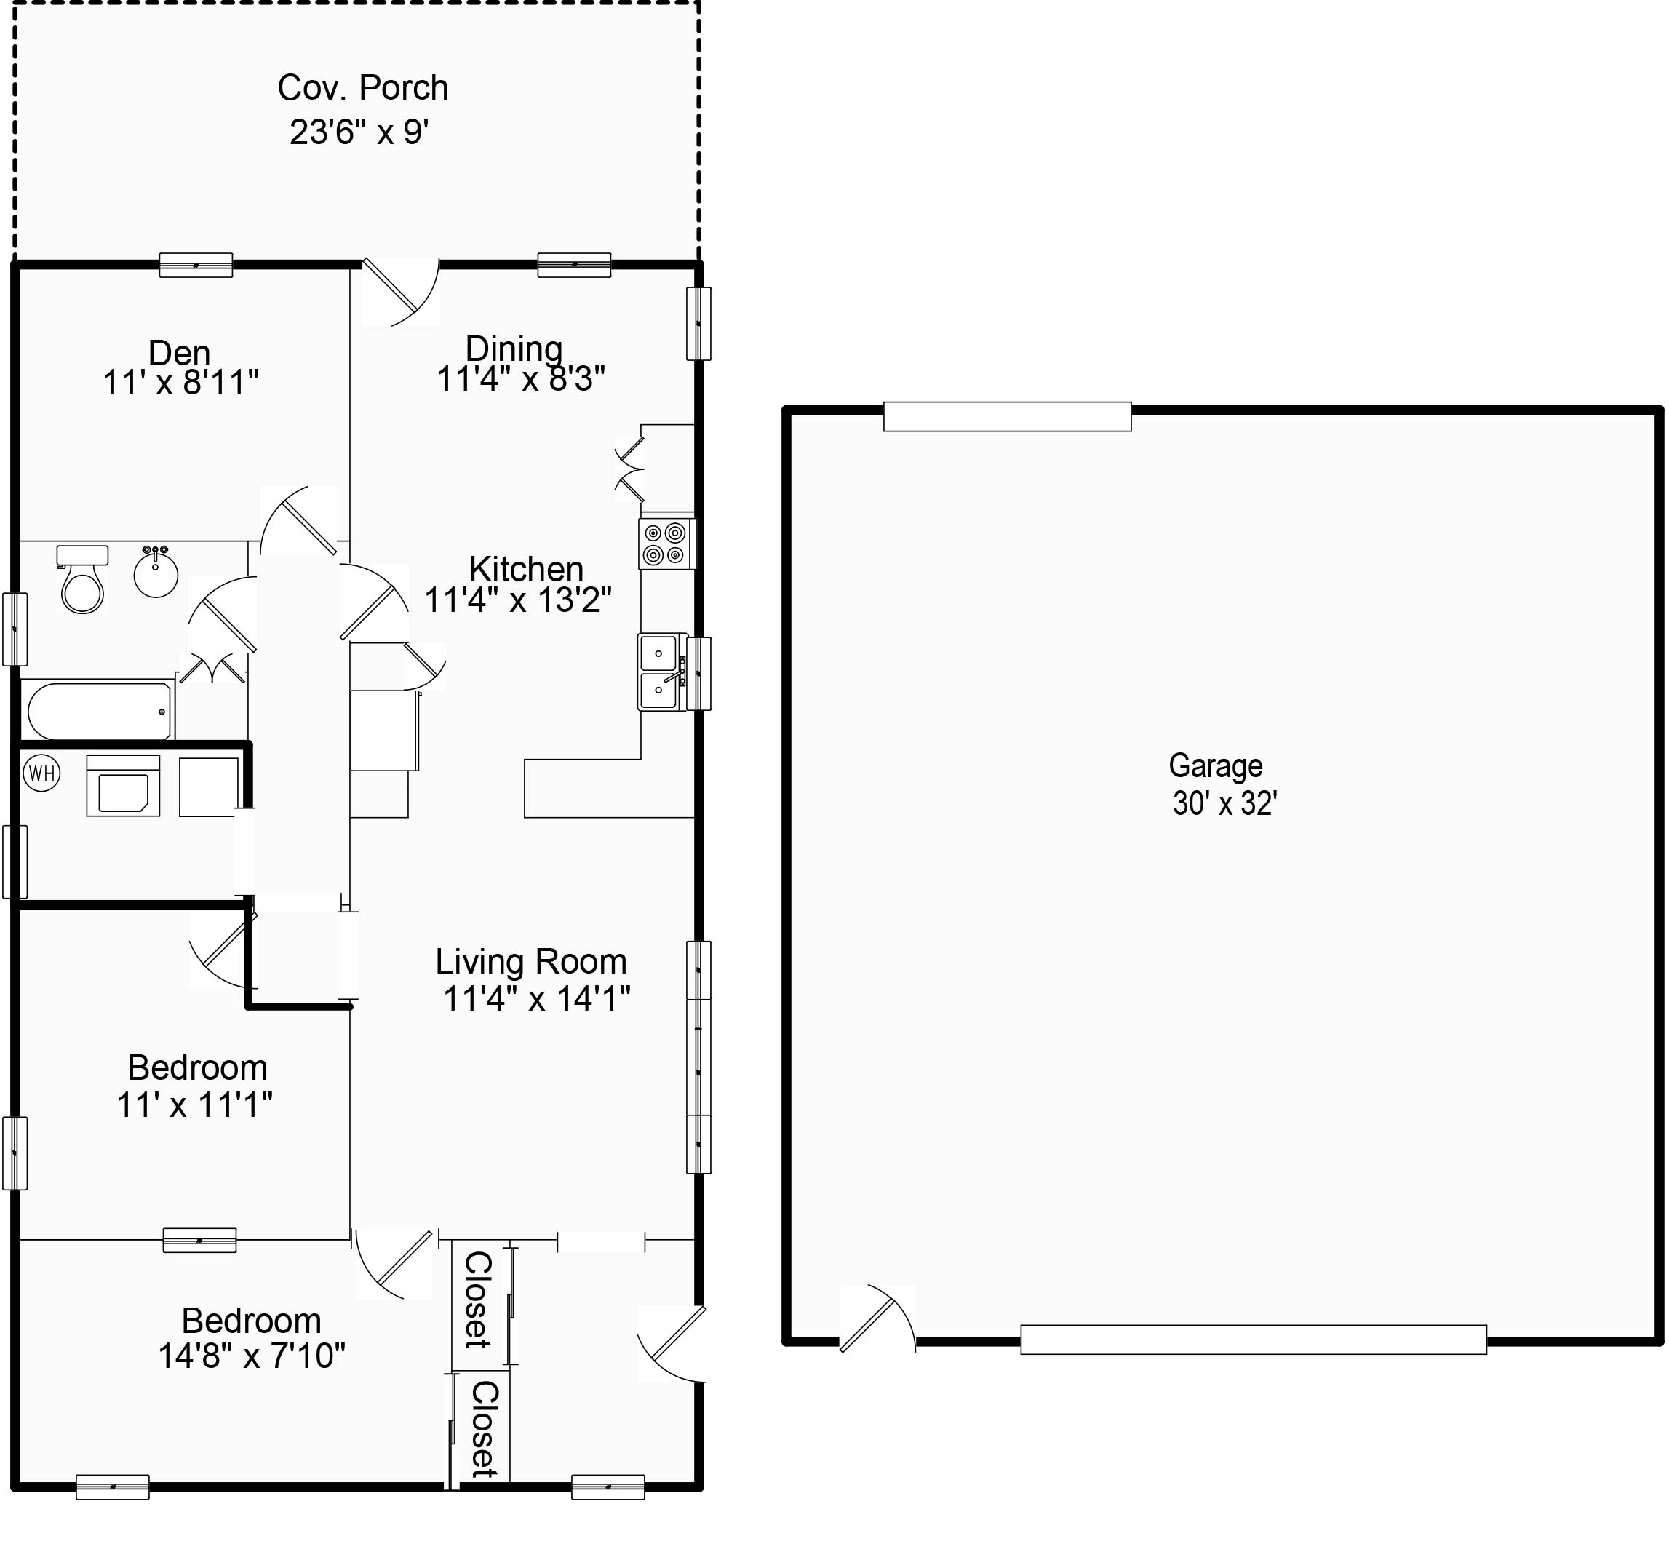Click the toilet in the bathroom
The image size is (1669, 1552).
[x=82, y=581]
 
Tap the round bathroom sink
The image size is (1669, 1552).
[x=155, y=573]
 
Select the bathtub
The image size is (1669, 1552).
[x=99, y=710]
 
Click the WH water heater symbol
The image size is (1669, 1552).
[x=42, y=773]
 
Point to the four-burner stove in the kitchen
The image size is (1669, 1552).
[x=666, y=544]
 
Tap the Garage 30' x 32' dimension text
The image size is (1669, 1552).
[x=1224, y=804]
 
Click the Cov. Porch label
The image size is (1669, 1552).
[x=362, y=88]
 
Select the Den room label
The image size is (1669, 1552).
[x=179, y=353]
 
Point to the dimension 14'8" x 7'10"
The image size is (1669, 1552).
[x=252, y=1356]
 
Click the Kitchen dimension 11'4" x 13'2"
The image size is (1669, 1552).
[x=517, y=600]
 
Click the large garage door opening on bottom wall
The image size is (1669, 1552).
[x=1253, y=1340]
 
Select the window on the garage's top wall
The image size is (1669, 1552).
[x=1007, y=418]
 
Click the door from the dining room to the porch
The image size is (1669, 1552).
[x=399, y=293]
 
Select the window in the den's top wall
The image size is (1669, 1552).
[x=196, y=265]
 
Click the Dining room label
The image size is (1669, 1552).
[x=514, y=349]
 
